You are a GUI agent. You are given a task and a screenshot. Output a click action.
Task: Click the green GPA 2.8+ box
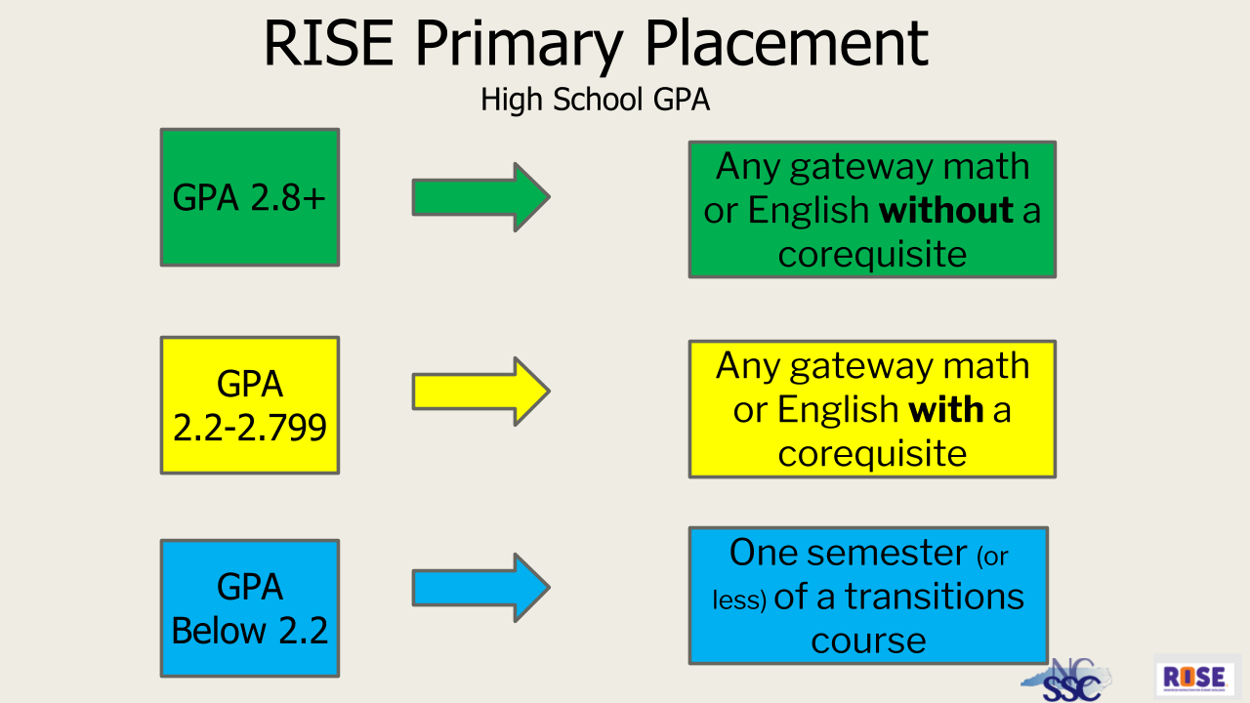(x=250, y=197)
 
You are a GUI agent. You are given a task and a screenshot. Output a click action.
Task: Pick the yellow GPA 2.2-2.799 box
(x=250, y=405)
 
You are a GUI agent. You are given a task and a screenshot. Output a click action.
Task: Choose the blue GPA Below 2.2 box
(x=250, y=608)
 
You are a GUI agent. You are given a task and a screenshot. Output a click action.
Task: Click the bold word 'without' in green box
(x=945, y=211)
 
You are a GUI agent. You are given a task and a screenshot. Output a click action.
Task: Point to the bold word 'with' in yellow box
(x=945, y=410)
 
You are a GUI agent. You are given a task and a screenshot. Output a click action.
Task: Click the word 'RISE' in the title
(x=328, y=43)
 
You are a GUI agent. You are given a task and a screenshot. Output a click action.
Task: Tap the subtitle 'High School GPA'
(x=595, y=100)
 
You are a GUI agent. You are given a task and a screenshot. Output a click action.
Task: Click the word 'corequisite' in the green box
(x=872, y=255)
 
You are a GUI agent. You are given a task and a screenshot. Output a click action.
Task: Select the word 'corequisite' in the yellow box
(x=872, y=454)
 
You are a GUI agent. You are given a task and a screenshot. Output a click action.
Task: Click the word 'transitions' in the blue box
(x=934, y=597)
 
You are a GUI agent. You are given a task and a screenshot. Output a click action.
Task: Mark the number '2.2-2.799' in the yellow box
(x=250, y=428)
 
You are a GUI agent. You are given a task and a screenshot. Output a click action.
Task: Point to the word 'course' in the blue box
(x=868, y=641)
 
